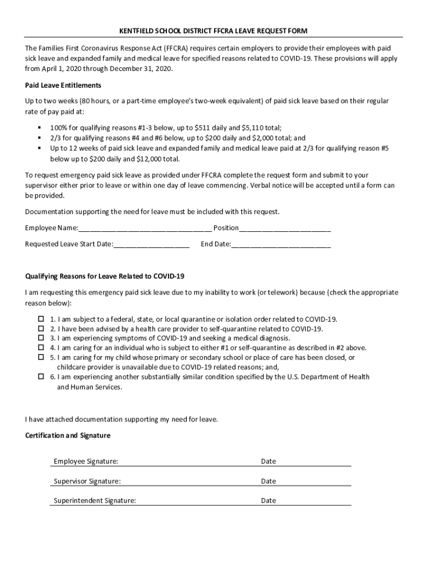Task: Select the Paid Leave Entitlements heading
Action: pos(63,85)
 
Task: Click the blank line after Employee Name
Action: pos(145,229)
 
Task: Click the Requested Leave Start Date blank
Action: pos(151,245)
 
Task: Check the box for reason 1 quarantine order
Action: pos(41,319)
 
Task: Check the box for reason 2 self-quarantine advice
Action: pos(41,328)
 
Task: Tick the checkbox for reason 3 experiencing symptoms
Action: pos(41,338)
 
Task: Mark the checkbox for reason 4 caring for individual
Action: pos(41,348)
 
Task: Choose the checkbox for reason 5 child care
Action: pos(41,357)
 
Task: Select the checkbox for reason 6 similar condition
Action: pos(41,377)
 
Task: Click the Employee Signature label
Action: pos(85,461)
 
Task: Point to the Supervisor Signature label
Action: pos(87,481)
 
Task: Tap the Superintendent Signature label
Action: pos(94,500)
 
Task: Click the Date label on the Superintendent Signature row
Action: pos(268,500)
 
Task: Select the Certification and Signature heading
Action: pos(68,435)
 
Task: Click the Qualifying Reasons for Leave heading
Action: pos(104,276)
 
